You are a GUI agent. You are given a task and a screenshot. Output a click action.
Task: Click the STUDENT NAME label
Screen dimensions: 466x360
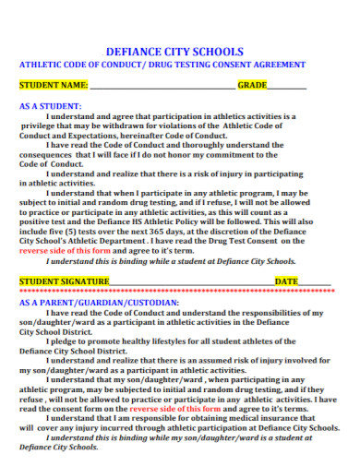coord(54,85)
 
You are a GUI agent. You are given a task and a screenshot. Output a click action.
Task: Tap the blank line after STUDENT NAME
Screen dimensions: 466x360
coord(162,86)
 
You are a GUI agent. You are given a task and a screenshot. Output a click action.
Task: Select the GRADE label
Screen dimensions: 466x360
coord(252,85)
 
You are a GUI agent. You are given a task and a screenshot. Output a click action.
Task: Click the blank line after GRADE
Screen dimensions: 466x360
coord(286,86)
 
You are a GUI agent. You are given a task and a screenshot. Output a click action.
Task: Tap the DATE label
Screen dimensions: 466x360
coord(286,281)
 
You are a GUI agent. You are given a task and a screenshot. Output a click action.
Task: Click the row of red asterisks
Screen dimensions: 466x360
coord(175,291)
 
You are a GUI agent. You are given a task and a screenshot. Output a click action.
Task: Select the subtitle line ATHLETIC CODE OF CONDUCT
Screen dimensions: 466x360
coord(162,65)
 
